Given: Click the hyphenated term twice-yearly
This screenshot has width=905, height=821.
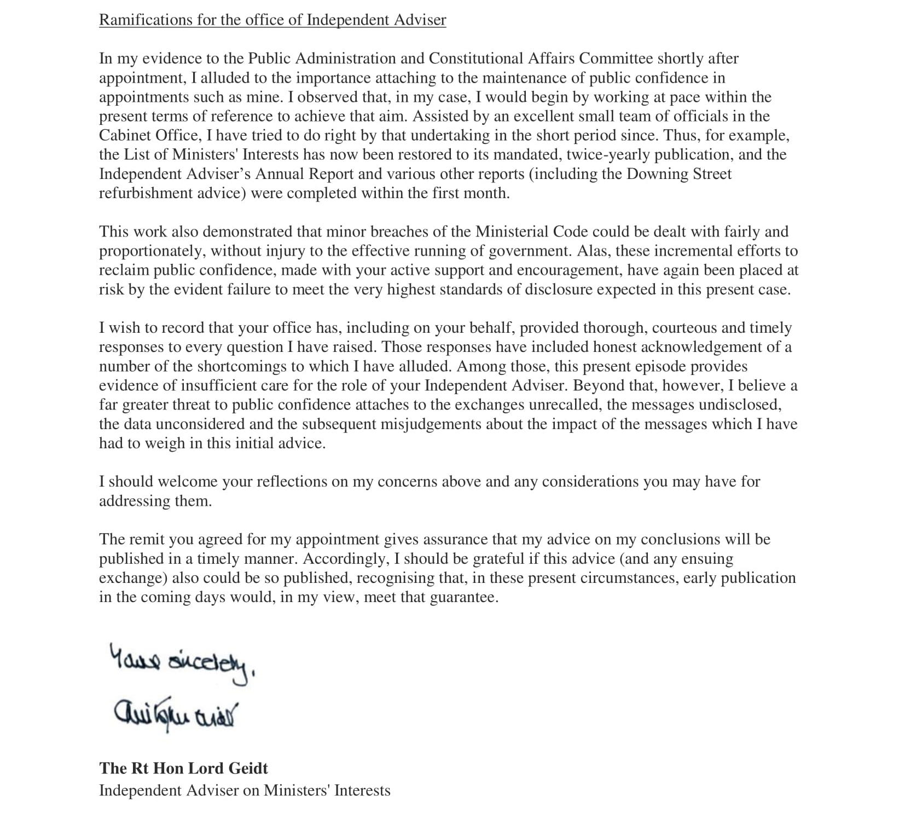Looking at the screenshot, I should pos(607,154).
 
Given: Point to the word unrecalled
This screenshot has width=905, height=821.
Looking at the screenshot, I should pos(564,404).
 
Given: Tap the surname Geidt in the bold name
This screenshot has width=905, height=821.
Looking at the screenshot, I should pos(248,768).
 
